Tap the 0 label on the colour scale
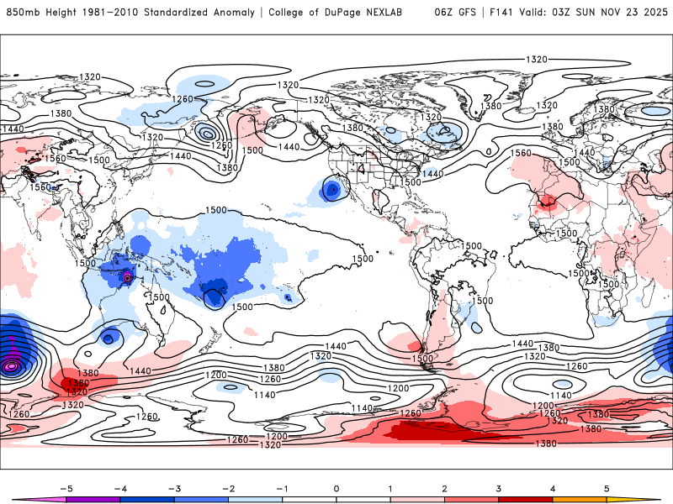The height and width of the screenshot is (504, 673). point(336,487)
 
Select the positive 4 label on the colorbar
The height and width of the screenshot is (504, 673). point(553,487)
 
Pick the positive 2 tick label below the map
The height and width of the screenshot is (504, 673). point(444,487)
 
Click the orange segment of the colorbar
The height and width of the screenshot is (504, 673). point(580,498)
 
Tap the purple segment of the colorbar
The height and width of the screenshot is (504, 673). point(92,498)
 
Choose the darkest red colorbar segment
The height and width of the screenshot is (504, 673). point(526,498)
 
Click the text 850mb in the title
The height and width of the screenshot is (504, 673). point(22,13)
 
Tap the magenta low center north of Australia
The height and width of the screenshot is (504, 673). point(127,277)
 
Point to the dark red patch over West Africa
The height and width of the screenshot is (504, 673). point(549,202)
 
